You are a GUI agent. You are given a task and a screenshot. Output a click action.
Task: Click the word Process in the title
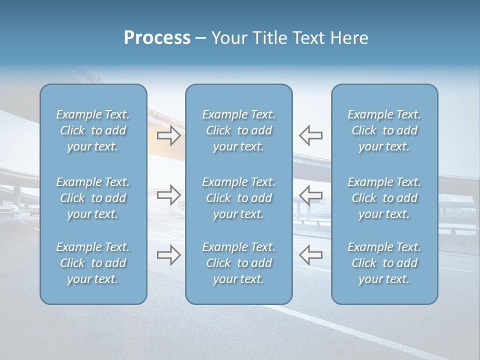pos(157,38)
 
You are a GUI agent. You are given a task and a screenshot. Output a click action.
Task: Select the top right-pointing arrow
pos(168,135)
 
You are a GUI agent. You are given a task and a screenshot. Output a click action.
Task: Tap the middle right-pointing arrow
pos(168,195)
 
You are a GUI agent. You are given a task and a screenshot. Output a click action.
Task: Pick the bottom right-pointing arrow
pos(168,255)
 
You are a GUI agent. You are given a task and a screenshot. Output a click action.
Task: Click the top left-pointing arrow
pos(310,135)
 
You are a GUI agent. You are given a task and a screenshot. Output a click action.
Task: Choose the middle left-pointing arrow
pos(310,195)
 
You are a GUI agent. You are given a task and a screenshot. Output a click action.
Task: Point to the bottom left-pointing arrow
pos(310,255)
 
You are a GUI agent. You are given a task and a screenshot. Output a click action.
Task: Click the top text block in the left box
pos(93,130)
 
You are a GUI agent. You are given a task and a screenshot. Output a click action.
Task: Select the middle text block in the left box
pos(93,198)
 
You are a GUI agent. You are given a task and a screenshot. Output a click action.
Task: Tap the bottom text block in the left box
pos(93,263)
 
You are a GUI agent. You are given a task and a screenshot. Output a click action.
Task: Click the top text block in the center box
pos(239,130)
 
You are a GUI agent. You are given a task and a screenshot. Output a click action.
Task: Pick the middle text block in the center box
pos(239,198)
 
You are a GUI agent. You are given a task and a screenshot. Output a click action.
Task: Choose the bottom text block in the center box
pos(239,263)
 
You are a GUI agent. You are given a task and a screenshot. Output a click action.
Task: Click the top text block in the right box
pos(384,130)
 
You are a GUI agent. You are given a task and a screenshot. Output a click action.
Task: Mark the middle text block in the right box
pos(384,198)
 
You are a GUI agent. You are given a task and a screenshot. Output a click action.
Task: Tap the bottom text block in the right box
pos(384,263)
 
